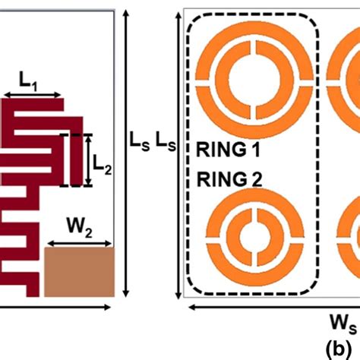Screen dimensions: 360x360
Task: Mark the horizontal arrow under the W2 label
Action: click(79, 245)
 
